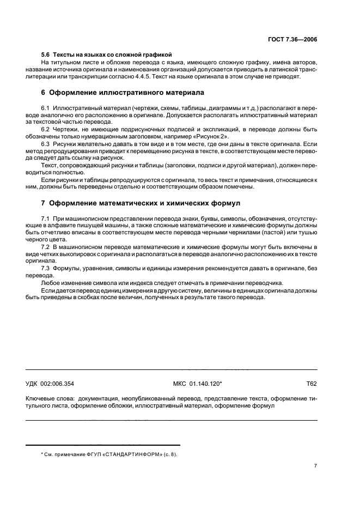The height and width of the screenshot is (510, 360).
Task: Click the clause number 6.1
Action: [x=46, y=109]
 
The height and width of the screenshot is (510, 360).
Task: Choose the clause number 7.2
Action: [x=46, y=247]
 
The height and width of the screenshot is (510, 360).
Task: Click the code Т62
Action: [x=312, y=384]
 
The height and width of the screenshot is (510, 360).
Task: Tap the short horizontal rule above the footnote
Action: [x=103, y=445]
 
